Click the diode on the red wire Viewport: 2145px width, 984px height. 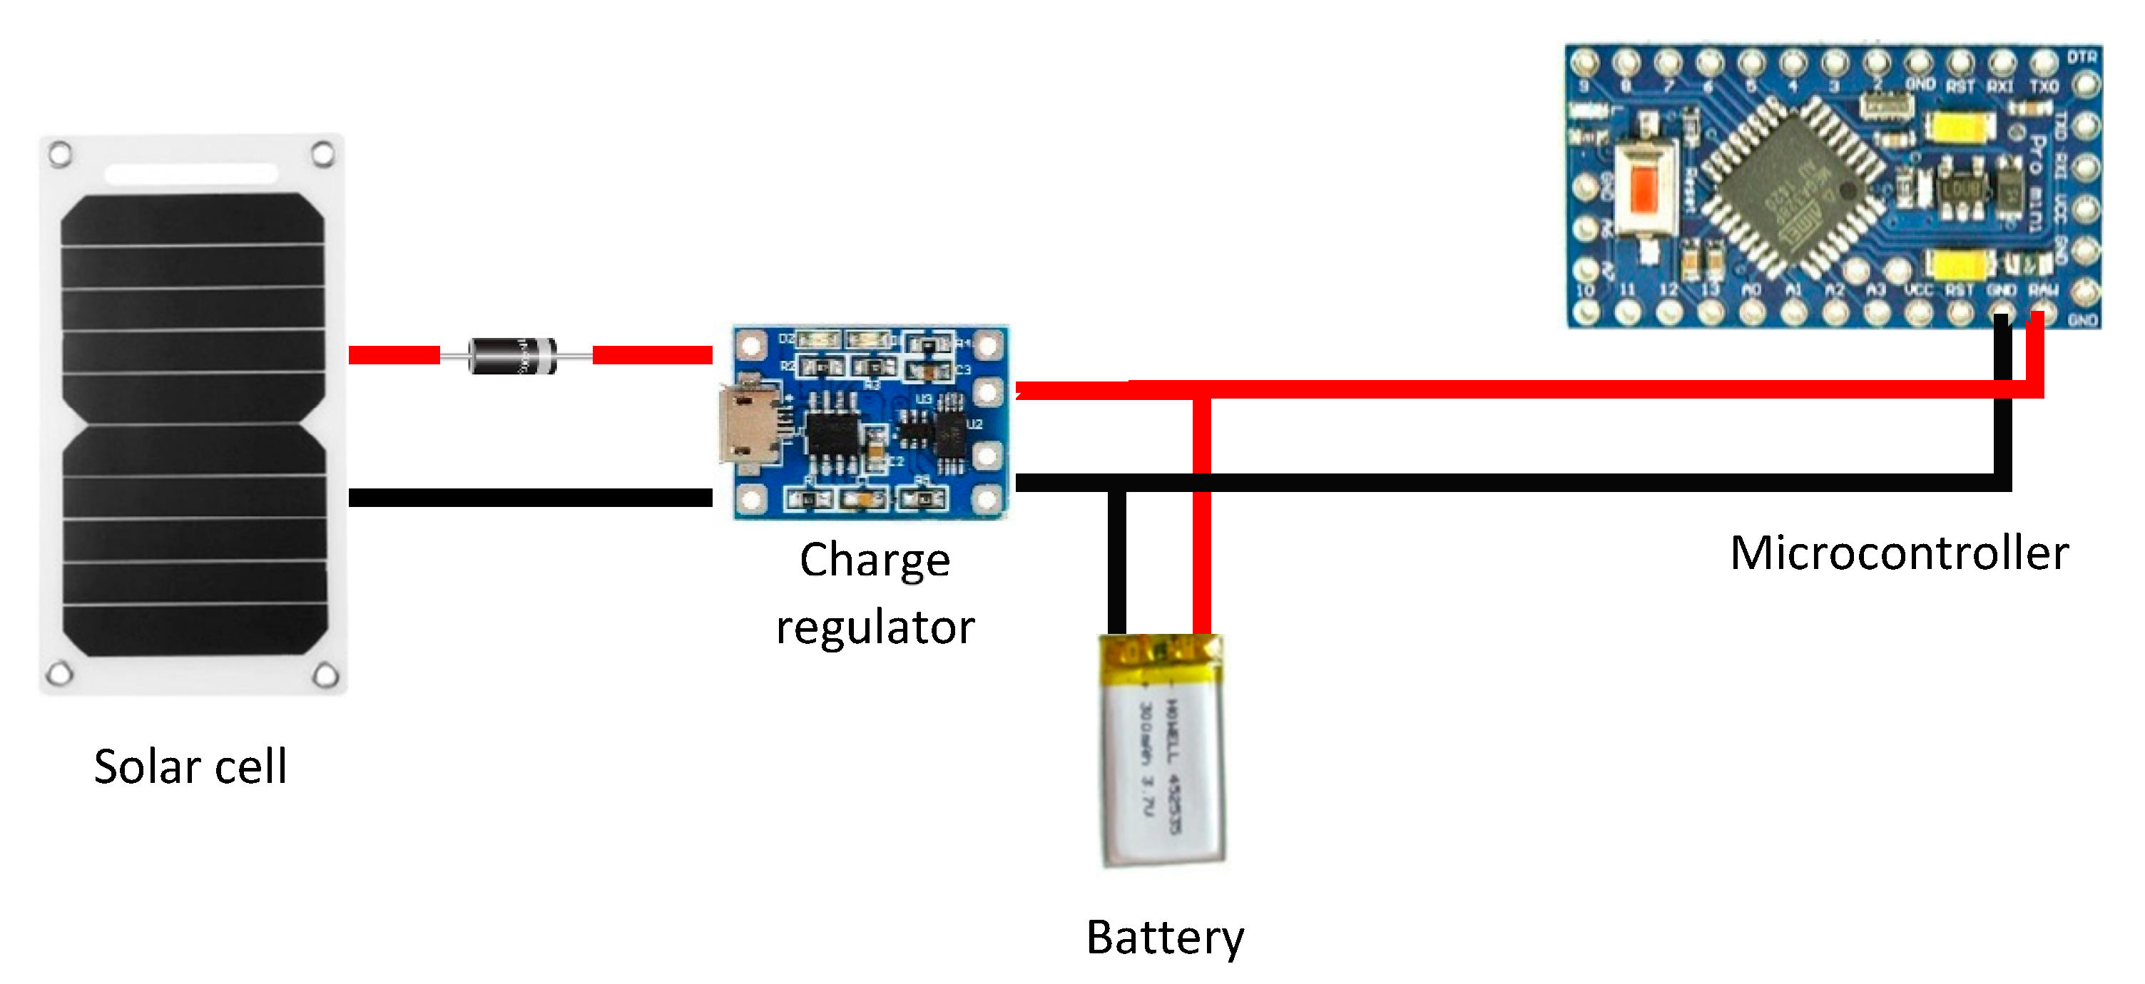tap(513, 357)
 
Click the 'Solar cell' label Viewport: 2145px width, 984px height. tap(190, 767)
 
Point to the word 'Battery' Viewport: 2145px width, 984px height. tap(1164, 938)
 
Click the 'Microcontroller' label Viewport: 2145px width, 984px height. tap(1898, 553)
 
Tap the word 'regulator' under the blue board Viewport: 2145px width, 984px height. tap(875, 627)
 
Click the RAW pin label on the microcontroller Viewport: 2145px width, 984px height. tap(2042, 289)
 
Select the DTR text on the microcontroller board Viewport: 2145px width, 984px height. tap(2082, 56)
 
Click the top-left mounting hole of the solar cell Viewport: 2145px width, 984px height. tap(60, 154)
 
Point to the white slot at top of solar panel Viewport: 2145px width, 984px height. tap(190, 174)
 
